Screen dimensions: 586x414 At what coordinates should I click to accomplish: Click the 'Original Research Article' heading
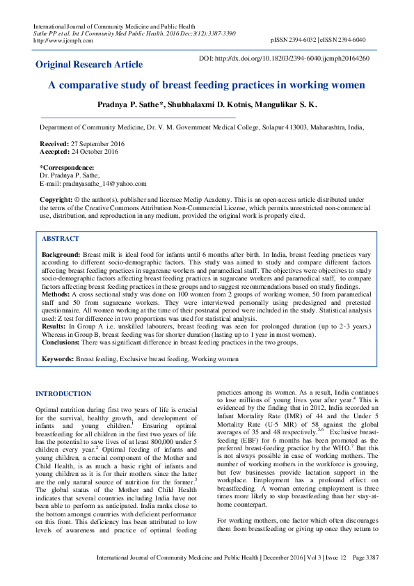89,65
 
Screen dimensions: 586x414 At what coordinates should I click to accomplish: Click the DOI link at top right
285,58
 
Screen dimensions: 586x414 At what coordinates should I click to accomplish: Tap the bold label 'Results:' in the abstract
54,326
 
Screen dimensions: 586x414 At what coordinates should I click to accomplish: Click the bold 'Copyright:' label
56,199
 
